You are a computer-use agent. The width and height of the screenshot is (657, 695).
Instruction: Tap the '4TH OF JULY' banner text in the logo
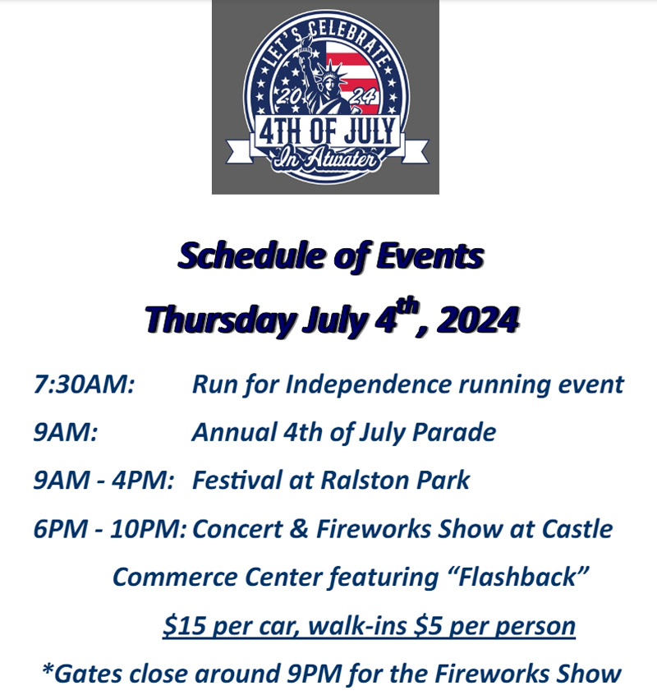tap(327, 131)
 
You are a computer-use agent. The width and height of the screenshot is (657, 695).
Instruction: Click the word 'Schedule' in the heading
tap(251, 255)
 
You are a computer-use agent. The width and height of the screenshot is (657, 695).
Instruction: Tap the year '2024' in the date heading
tap(478, 319)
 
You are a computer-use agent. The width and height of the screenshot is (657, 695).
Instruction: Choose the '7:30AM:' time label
tap(84, 384)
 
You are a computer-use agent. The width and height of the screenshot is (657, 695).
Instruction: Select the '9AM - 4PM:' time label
tap(103, 481)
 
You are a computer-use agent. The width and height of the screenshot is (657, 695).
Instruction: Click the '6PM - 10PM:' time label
tap(110, 529)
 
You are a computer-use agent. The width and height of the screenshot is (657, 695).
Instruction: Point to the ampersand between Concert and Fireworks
tap(300, 529)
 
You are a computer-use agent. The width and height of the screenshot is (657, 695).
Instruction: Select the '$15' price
tap(184, 625)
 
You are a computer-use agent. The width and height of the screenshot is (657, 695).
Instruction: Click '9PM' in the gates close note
tap(314, 674)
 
